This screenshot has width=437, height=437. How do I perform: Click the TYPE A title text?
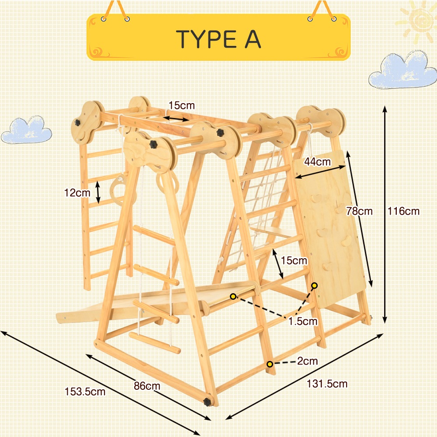(x=218, y=39)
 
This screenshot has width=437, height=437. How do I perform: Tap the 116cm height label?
(x=403, y=211)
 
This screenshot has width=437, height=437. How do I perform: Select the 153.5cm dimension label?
(x=85, y=392)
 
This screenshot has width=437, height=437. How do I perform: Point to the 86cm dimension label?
(x=147, y=386)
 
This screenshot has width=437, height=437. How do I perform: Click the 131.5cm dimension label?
(x=327, y=384)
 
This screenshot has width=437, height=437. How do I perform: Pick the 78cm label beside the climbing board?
(x=359, y=211)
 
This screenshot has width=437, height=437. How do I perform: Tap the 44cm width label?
(x=317, y=162)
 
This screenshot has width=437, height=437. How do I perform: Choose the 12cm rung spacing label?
(x=77, y=193)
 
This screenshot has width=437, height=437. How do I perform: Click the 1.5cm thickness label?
(x=303, y=321)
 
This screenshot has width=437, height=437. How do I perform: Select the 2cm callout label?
(x=307, y=361)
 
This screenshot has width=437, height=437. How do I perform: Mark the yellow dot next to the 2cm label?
(x=270, y=364)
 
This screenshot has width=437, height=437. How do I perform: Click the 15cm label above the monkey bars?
(x=182, y=105)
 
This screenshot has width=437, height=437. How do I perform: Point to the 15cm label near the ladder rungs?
(x=294, y=260)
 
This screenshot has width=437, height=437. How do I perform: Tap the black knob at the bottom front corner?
(x=208, y=402)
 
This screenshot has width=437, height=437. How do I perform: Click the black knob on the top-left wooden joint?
(x=77, y=122)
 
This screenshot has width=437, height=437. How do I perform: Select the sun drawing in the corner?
(x=416, y=21)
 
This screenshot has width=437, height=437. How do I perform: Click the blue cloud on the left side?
(x=27, y=130)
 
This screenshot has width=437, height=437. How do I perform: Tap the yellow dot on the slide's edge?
(x=233, y=296)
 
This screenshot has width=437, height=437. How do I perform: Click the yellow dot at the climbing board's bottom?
(x=314, y=285)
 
